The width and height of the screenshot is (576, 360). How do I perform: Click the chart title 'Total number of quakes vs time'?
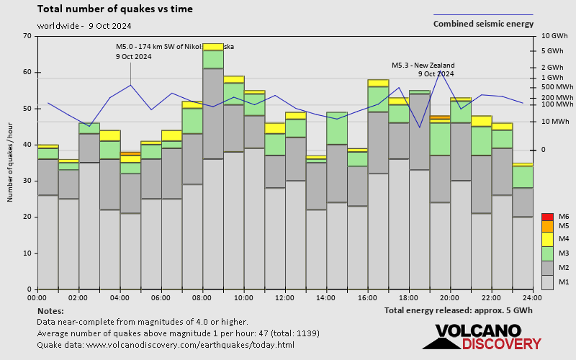pyautogui.click(x=114, y=9)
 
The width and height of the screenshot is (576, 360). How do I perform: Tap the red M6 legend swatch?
pyautogui.click(x=547, y=217)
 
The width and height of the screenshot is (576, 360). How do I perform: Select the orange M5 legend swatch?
pyautogui.click(x=547, y=226)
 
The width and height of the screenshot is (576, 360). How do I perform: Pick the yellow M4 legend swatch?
pyautogui.click(x=547, y=238)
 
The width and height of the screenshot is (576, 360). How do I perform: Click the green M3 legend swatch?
pyautogui.click(x=547, y=253)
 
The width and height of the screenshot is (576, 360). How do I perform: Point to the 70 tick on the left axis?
pyautogui.click(x=27, y=36)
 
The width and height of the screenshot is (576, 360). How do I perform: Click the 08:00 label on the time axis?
pyautogui.click(x=202, y=297)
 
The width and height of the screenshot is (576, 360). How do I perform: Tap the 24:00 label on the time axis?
pyautogui.click(x=532, y=297)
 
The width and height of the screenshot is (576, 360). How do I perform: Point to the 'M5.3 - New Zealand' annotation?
pyautogui.click(x=423, y=66)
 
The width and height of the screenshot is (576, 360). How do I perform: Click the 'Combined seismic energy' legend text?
pyautogui.click(x=483, y=24)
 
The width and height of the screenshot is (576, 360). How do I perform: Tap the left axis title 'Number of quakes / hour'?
pyautogui.click(x=10, y=163)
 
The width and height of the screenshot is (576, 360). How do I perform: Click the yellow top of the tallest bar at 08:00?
pyautogui.click(x=212, y=47)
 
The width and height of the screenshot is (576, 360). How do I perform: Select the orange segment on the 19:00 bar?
pyautogui.click(x=439, y=117)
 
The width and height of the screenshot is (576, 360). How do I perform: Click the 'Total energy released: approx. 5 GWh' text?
pyautogui.click(x=459, y=310)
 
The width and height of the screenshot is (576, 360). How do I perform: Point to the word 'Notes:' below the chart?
pyautogui.click(x=50, y=310)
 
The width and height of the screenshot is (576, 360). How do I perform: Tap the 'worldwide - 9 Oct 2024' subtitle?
pyautogui.click(x=84, y=25)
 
